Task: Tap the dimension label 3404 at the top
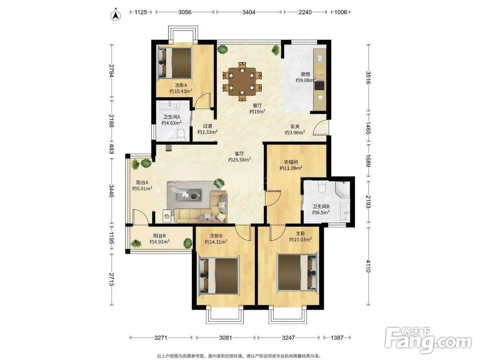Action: coord(249,12)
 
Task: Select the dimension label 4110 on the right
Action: coord(368,266)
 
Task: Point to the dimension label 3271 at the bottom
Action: coord(161,337)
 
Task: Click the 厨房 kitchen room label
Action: coord(305,74)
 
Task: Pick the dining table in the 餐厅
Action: coord(242,82)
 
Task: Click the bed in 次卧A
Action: coord(175,63)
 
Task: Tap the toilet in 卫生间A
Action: coord(181,135)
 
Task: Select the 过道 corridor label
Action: coord(207,126)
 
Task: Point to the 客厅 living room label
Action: coord(240,154)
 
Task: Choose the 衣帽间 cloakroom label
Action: coord(290,162)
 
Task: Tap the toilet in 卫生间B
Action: coord(322,186)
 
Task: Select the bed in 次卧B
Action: coord(218,276)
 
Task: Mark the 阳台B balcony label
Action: coord(159,236)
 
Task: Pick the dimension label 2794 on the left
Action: coord(111,71)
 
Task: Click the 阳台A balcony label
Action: coord(143,183)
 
